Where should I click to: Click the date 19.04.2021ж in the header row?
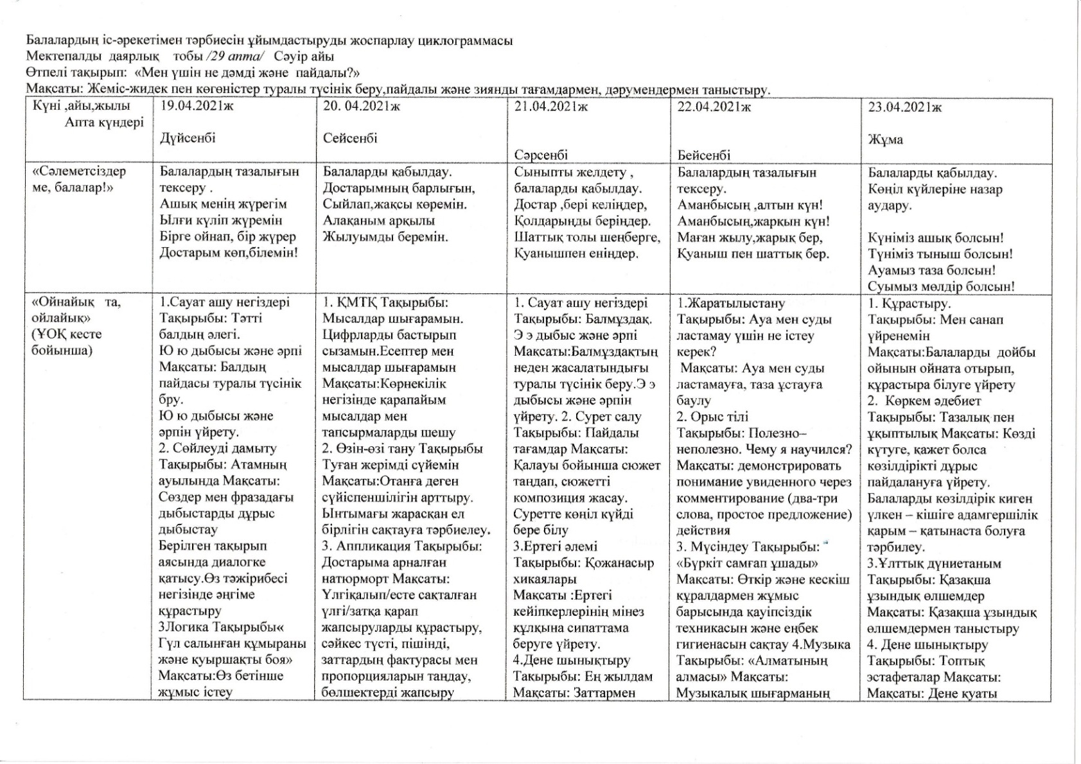pyautogui.click(x=196, y=107)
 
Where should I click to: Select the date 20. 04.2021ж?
pyautogui.click(x=361, y=107)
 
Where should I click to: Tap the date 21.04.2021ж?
pyautogui.click(x=550, y=107)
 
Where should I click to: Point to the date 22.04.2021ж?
pyautogui.click(x=714, y=107)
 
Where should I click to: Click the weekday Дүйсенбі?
pyautogui.click(x=188, y=138)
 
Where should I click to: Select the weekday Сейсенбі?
pyautogui.click(x=350, y=138)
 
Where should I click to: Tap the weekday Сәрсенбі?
pyautogui.click(x=541, y=155)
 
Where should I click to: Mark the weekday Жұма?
pyautogui.click(x=886, y=139)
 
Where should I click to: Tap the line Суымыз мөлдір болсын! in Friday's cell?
pyautogui.click(x=941, y=287)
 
